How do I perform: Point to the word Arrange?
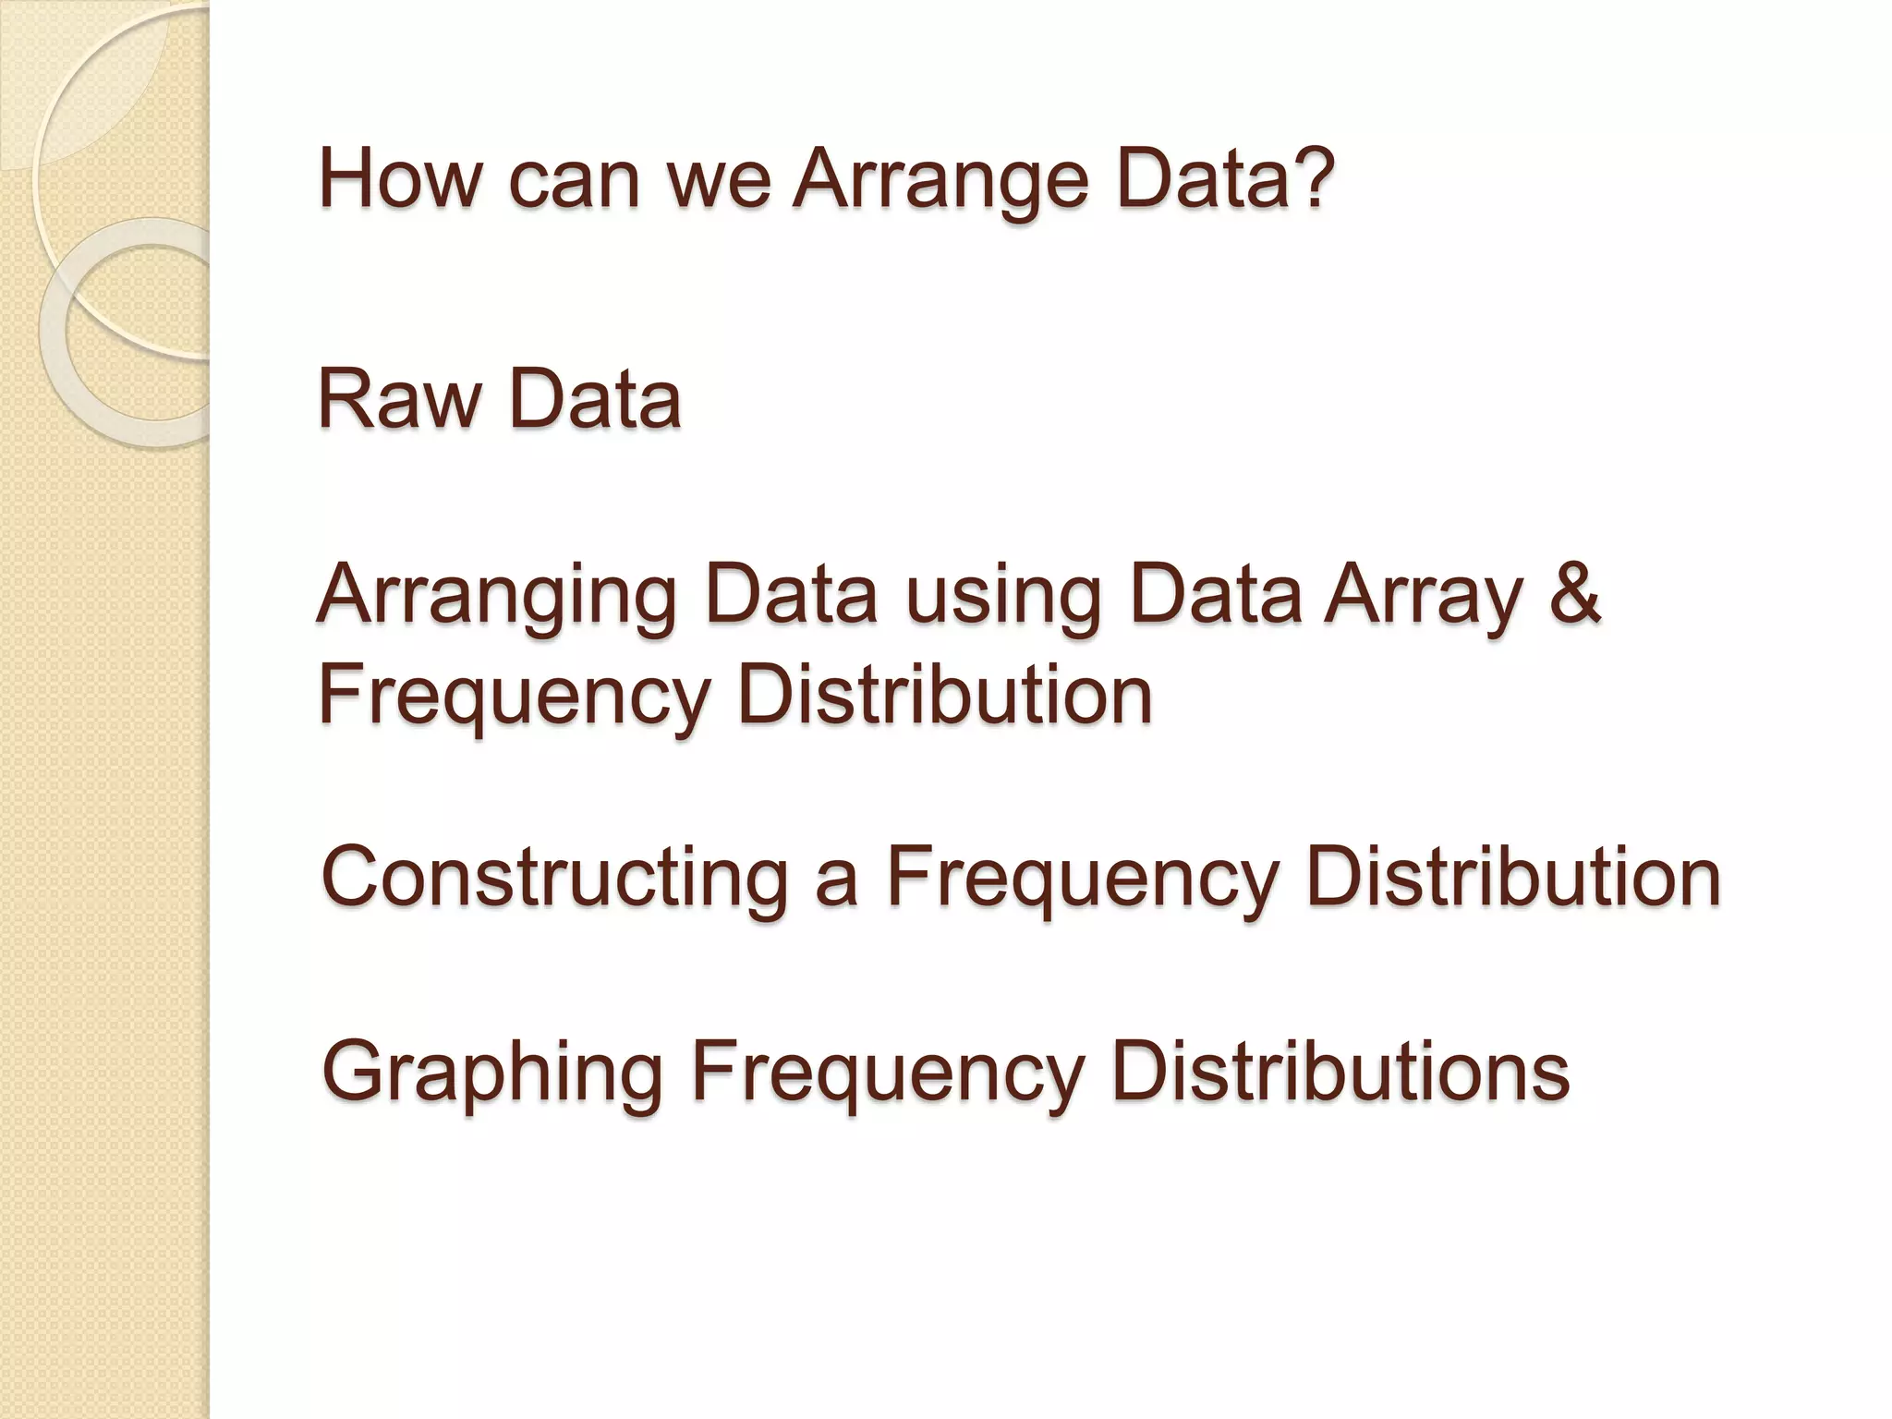coord(941,179)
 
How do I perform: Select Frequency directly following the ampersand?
coord(514,697)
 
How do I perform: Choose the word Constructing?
coord(555,878)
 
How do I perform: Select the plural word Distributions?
coord(1340,1072)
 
